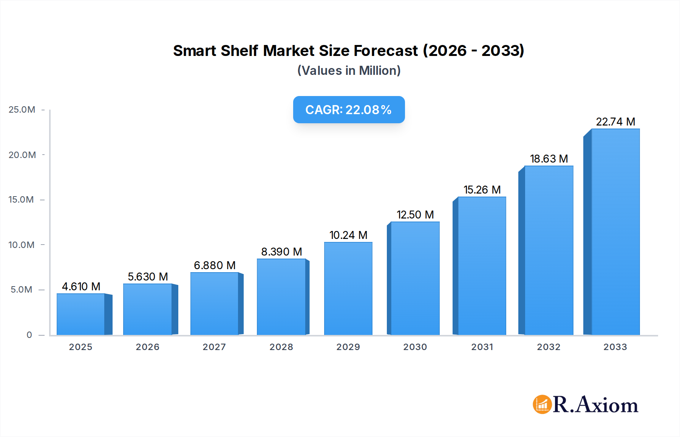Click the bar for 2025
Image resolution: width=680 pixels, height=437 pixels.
click(x=81, y=314)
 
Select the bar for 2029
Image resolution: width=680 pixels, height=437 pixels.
click(x=348, y=288)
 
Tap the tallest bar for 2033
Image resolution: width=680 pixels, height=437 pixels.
click(x=615, y=232)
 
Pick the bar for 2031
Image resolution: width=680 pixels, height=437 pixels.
click(x=482, y=266)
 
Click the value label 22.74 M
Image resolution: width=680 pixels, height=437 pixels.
click(x=615, y=122)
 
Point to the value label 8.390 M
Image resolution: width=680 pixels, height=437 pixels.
click(x=281, y=252)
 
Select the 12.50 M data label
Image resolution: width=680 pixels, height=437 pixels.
click(x=415, y=215)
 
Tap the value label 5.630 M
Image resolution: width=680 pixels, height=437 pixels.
click(x=148, y=277)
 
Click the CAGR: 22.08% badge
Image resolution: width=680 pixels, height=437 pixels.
click(x=349, y=110)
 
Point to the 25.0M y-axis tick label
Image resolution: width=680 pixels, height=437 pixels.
click(x=22, y=110)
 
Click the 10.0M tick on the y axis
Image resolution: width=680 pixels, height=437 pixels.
click(x=22, y=245)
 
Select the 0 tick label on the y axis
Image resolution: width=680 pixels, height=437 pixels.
click(x=29, y=335)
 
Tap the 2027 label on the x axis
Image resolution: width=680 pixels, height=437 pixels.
click(x=214, y=347)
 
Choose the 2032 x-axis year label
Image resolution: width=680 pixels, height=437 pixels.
click(x=549, y=347)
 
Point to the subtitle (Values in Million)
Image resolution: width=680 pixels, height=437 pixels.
click(x=349, y=71)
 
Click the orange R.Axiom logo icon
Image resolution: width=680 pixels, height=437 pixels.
click(x=542, y=404)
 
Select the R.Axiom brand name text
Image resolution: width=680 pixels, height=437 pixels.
click(x=595, y=405)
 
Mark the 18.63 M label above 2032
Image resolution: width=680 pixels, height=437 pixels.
click(x=549, y=159)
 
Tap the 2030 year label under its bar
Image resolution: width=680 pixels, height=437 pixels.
click(x=415, y=347)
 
